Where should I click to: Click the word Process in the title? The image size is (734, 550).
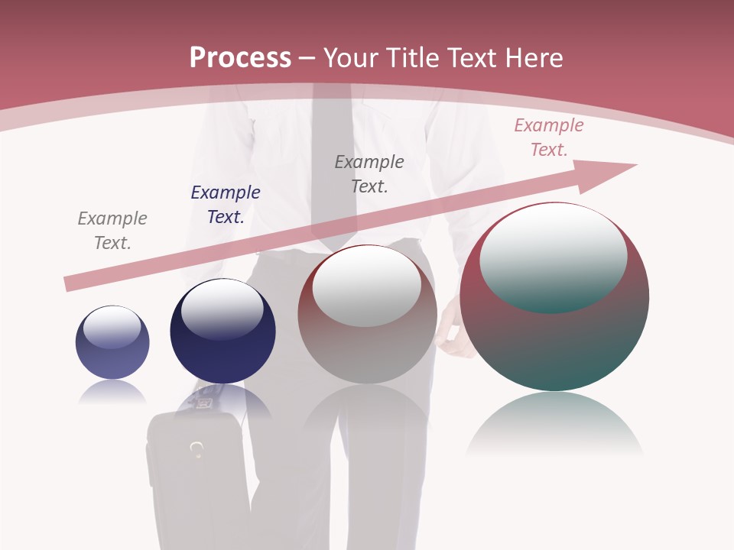(240, 58)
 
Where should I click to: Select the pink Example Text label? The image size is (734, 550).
(548, 137)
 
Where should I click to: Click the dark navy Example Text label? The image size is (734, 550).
(226, 205)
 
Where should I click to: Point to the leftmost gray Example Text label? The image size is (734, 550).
(112, 230)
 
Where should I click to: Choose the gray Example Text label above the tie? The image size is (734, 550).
(369, 173)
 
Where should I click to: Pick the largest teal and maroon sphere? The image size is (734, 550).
(554, 344)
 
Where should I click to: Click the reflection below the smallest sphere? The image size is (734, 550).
(112, 393)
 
